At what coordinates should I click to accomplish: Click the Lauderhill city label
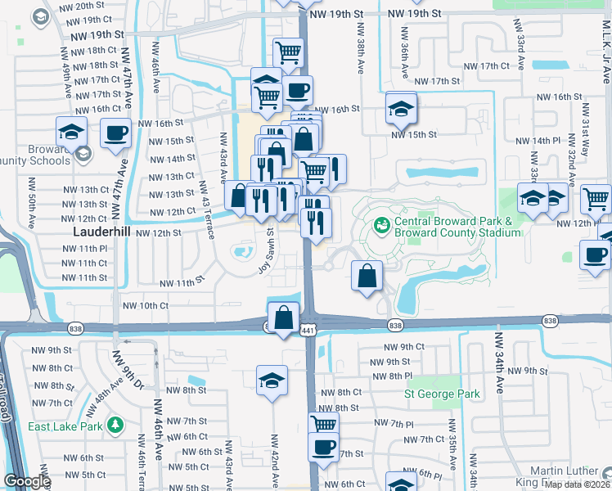96,232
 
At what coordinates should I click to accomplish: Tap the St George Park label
443,394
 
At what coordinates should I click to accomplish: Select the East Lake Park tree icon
116,425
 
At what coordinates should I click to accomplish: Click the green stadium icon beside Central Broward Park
380,224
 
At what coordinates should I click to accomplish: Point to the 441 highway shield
308,330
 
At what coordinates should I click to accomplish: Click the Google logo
26,482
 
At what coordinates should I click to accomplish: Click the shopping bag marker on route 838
283,317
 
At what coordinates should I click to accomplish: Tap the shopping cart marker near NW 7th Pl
324,424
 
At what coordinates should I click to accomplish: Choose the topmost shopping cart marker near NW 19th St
288,53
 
